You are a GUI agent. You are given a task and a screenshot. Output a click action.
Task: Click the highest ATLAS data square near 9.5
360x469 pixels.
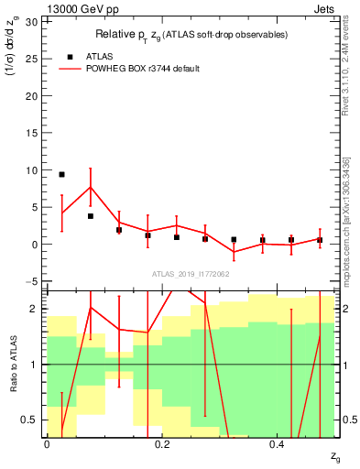coord(61,174)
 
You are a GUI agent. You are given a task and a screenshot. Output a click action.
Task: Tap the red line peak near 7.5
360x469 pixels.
coord(90,188)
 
